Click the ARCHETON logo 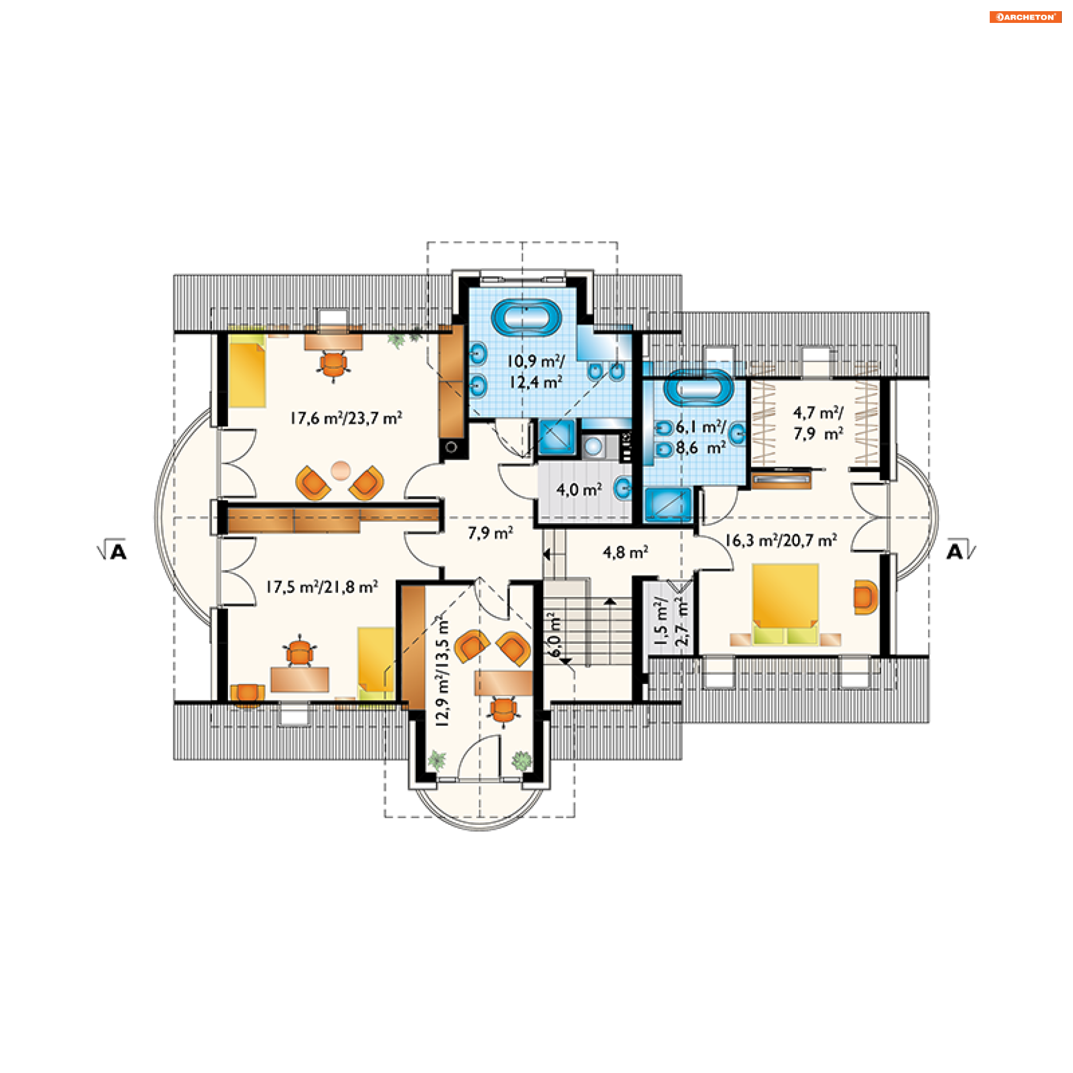1025,17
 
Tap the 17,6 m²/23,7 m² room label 346,418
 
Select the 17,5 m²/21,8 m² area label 321,587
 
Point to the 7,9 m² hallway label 490,533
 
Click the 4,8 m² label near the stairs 625,553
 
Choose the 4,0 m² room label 579,490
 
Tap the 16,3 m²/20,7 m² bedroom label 781,540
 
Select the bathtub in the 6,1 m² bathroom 699,387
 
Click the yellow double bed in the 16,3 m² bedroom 785,604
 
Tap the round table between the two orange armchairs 340,471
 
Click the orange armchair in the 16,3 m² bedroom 865,597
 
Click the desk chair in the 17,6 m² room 334,365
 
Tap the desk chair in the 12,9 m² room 504,711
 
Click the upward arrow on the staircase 609,601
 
